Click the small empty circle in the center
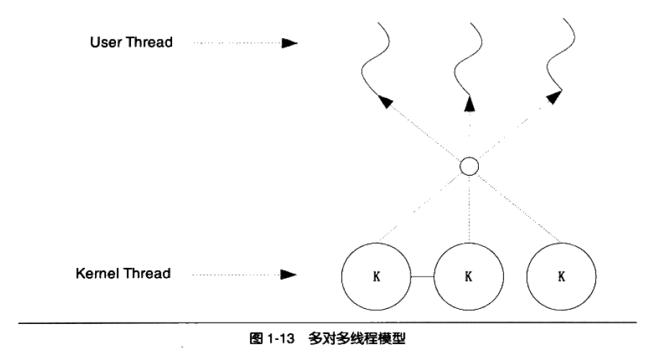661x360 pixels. pyautogui.click(x=469, y=168)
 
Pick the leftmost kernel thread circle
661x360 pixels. pyautogui.click(x=375, y=276)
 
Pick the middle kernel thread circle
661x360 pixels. pyautogui.click(x=469, y=276)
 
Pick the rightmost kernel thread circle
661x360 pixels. pyautogui.click(x=562, y=276)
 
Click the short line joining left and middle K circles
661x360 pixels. pyautogui.click(x=422, y=276)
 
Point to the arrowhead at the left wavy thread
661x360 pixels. pyautogui.click(x=387, y=103)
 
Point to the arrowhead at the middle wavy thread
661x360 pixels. pyautogui.click(x=469, y=104)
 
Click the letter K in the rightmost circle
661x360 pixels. pyautogui.click(x=562, y=276)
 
